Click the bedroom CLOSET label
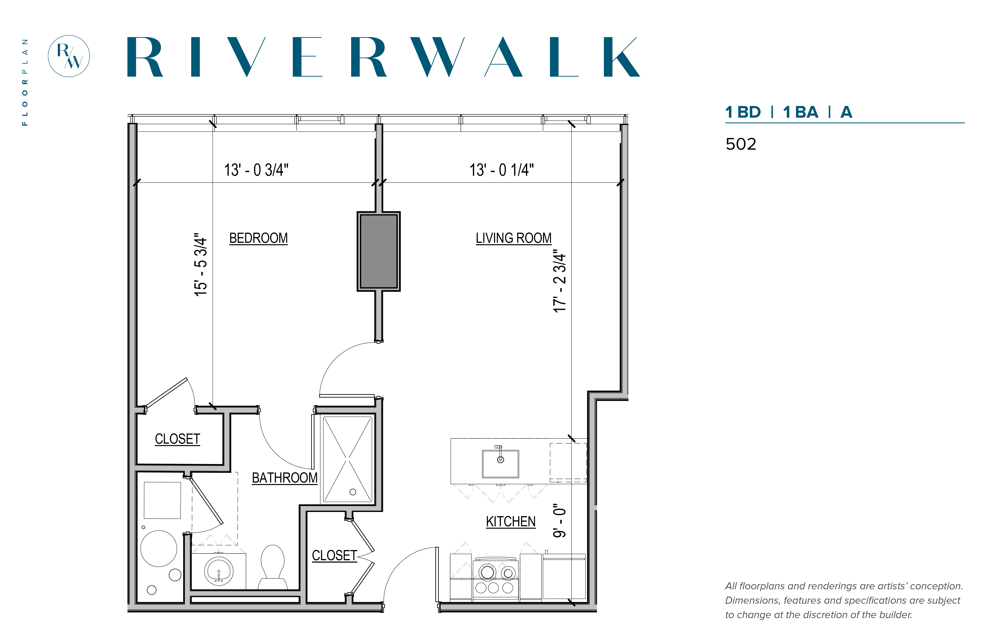178,439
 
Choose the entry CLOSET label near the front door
334,555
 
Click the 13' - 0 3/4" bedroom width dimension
256,170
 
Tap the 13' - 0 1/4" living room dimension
502,170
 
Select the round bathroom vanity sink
219,571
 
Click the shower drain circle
353,492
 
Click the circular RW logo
69,56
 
